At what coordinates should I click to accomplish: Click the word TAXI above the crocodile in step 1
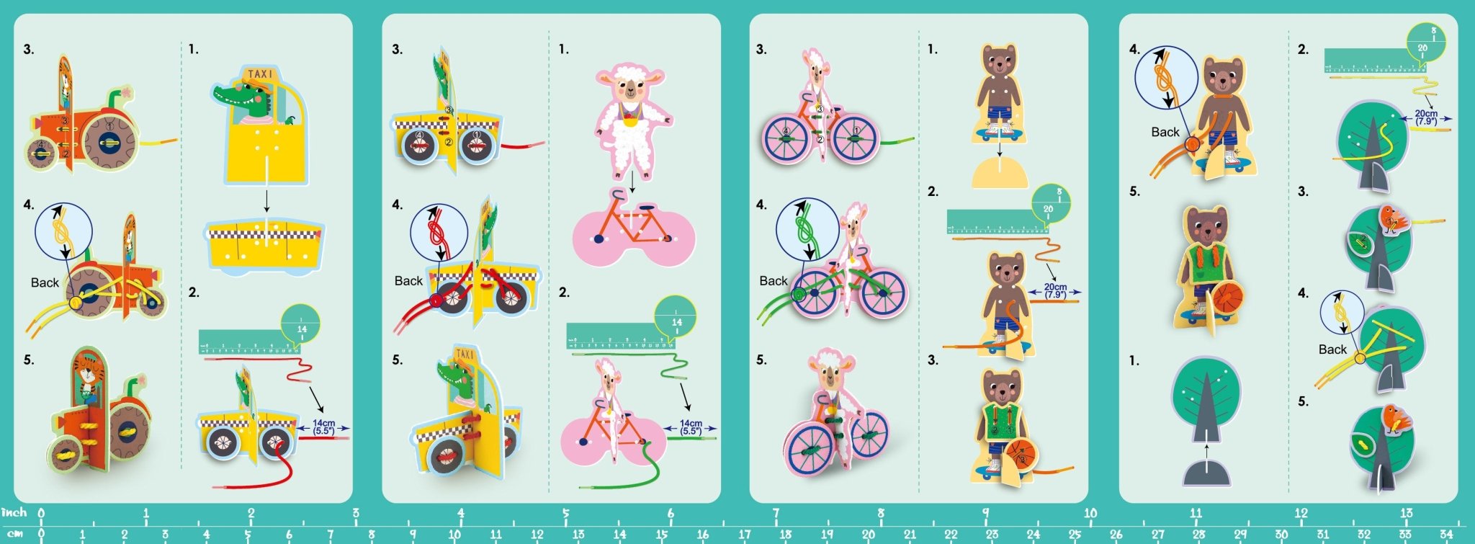260,73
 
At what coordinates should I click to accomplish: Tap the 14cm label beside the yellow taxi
323,427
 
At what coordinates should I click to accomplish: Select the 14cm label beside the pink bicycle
690,427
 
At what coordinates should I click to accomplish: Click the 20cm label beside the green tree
1425,117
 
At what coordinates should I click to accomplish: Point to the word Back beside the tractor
45,282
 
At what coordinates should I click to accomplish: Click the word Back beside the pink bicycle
773,281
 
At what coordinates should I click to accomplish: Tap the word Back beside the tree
1332,349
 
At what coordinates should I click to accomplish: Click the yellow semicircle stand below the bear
999,174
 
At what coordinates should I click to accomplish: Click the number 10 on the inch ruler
1090,513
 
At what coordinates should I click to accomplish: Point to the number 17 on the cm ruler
744,535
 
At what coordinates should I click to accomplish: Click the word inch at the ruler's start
14,512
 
